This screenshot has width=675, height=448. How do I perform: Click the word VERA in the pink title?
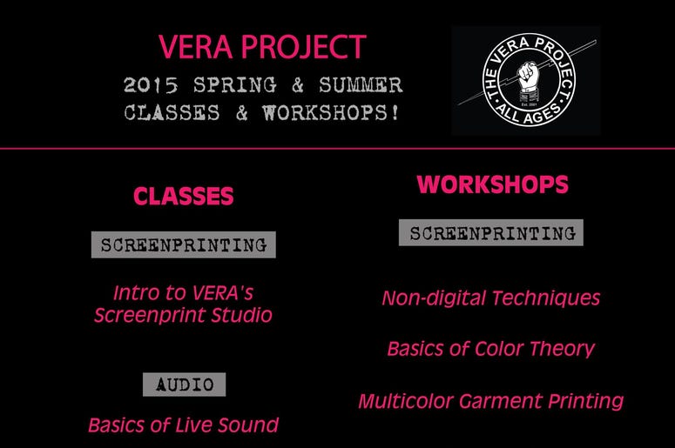click(x=195, y=47)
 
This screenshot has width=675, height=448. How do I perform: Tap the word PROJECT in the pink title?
click(x=303, y=47)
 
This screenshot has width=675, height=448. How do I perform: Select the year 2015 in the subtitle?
click(x=151, y=84)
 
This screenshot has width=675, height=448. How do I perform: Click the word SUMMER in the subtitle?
click(x=361, y=84)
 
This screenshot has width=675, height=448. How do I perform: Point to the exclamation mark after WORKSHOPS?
click(x=395, y=112)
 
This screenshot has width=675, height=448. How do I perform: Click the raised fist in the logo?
click(x=528, y=78)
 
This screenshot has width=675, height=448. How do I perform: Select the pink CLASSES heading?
click(x=184, y=196)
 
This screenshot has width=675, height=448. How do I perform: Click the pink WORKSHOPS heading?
click(x=492, y=184)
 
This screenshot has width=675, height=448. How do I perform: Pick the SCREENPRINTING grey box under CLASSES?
click(x=184, y=244)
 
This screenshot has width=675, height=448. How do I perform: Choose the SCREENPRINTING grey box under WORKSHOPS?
click(x=491, y=232)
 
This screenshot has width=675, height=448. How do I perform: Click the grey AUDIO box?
click(x=185, y=384)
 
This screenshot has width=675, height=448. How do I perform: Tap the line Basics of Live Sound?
click(x=184, y=425)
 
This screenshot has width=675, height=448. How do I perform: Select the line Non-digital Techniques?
click(x=491, y=298)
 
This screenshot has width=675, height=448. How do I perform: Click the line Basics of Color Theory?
click(x=491, y=349)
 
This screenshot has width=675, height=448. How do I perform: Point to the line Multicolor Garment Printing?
click(x=491, y=401)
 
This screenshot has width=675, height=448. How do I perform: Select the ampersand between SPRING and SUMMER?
click(x=298, y=84)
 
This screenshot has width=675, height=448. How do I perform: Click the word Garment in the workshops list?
click(x=500, y=401)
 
